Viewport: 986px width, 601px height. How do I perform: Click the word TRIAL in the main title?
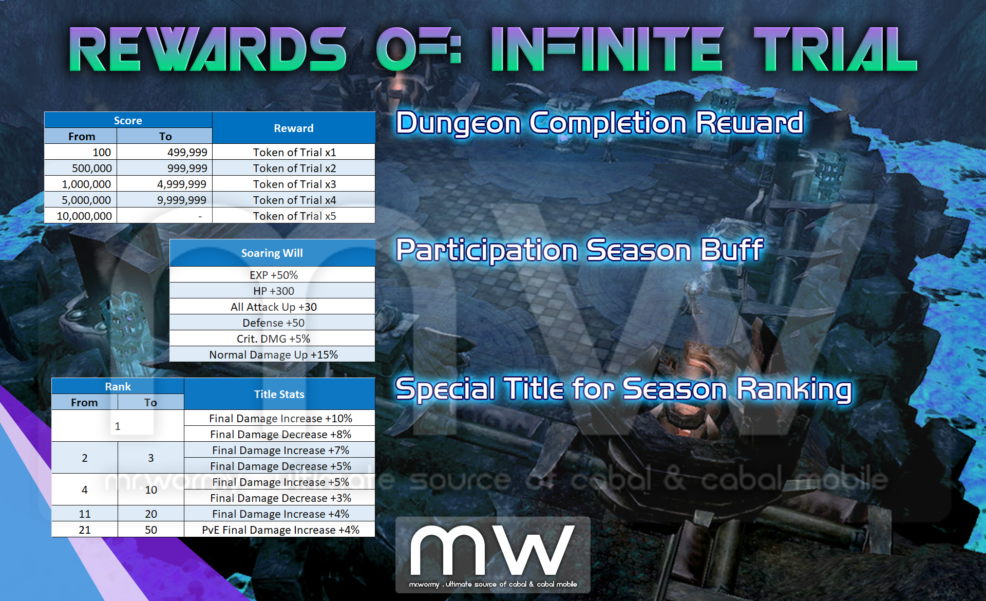(835, 49)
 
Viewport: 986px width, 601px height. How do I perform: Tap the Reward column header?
(294, 128)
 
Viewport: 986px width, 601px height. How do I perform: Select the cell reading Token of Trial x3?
(294, 184)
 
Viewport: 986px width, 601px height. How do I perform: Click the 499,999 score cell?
(164, 152)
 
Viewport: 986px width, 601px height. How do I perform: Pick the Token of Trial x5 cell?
(294, 216)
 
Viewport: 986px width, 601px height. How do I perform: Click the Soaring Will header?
(272, 253)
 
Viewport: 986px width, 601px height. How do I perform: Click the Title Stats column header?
(279, 394)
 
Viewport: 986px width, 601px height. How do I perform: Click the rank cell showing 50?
(151, 530)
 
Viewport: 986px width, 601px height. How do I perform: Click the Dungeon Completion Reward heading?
(600, 123)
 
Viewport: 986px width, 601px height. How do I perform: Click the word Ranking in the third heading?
(794, 389)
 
